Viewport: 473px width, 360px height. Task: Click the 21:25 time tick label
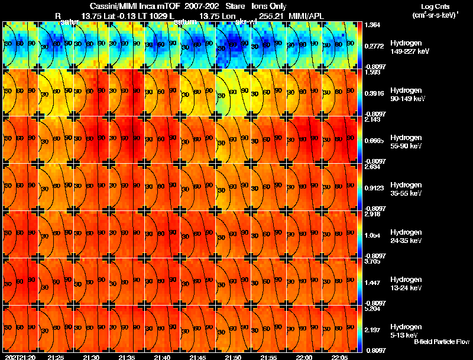pyautogui.click(x=56, y=357)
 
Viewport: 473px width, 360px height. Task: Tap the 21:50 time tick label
pyautogui.click(x=234, y=357)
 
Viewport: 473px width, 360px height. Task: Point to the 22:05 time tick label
pyautogui.click(x=340, y=357)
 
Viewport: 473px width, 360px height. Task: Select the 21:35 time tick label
pyautogui.click(x=127, y=357)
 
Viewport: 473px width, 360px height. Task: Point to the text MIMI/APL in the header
pyautogui.click(x=307, y=15)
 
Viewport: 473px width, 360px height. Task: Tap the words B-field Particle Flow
pyautogui.click(x=441, y=342)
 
